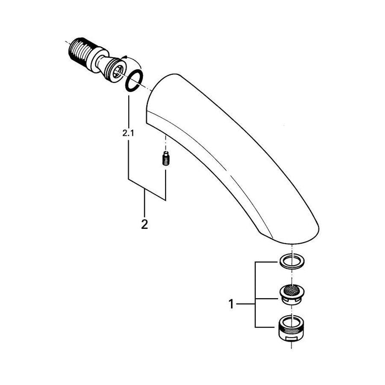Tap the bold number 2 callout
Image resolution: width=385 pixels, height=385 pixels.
click(x=145, y=224)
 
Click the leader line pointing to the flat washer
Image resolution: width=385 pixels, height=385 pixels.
click(x=266, y=263)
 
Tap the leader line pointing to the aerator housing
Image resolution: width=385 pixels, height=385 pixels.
click(x=266, y=328)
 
